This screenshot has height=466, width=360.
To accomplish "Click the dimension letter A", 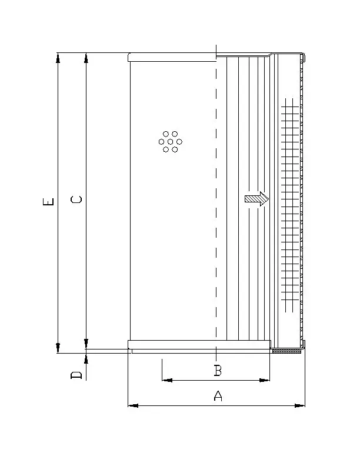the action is point(218,395).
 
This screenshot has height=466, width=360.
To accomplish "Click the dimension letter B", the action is point(218,371).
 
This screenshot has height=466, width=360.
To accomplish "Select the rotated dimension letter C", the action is point(76,199).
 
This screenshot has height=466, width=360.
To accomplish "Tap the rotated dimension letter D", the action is point(76,375).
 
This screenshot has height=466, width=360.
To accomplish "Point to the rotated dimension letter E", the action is point(48,201).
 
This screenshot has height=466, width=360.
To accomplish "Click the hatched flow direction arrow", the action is point(256,199).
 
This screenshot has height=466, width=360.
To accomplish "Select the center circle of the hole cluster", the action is point(170,142).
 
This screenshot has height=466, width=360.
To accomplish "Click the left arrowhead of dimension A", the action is point(133,405).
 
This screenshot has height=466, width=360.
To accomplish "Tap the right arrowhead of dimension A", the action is point(299,405).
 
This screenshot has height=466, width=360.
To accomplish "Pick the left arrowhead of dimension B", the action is point(168,380).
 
